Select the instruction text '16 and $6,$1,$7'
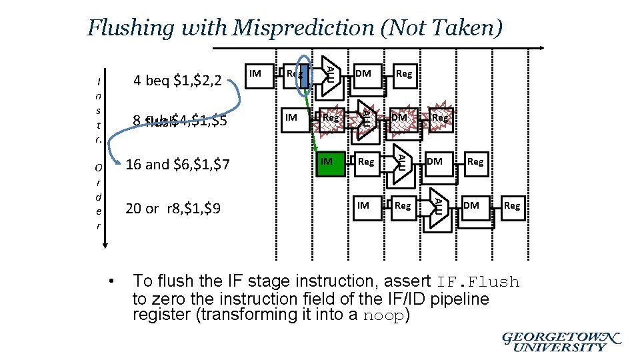(x=177, y=164)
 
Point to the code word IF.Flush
(x=478, y=282)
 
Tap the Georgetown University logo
(x=561, y=342)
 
